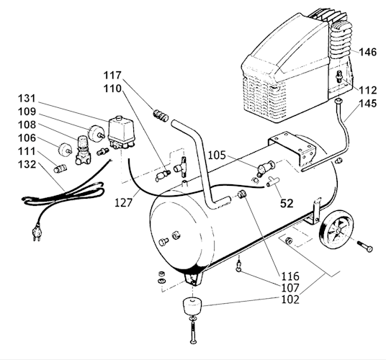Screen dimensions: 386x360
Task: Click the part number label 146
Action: click(368, 52)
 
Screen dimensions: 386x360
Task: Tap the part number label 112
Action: click(368, 90)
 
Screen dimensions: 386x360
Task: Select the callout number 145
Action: click(368, 104)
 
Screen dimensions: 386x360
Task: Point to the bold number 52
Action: click(287, 204)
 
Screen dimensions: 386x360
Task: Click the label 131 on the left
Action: click(27, 99)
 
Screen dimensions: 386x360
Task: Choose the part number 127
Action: click(124, 203)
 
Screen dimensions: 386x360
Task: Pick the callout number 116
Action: click(290, 276)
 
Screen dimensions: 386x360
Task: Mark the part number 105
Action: click(217, 156)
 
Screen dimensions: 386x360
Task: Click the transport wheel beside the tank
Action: click(336, 230)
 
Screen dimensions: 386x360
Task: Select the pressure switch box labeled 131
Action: click(121, 132)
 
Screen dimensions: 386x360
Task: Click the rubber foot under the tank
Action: click(192, 306)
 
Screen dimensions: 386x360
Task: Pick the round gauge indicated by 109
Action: click(95, 133)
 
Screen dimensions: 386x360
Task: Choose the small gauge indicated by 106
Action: click(65, 149)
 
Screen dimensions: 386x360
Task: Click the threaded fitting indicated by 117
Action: click(161, 115)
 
